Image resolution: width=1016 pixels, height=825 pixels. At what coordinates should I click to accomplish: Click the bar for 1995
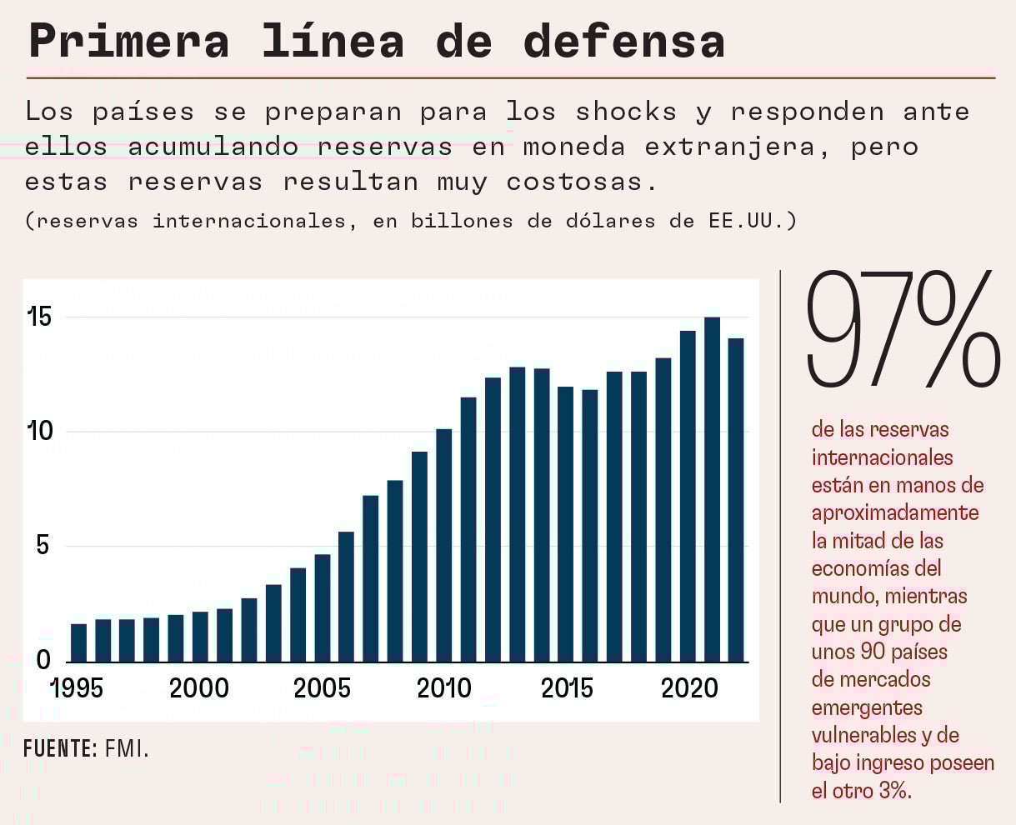tap(78, 642)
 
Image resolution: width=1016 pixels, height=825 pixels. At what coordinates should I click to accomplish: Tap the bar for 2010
tap(444, 545)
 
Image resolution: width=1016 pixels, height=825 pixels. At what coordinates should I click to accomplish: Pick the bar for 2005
tap(323, 607)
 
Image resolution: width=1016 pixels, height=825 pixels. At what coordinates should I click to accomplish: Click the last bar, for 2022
tap(736, 500)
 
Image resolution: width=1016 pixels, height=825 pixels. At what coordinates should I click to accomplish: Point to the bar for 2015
tap(566, 524)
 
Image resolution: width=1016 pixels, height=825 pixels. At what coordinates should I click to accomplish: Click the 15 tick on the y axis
tap(39, 317)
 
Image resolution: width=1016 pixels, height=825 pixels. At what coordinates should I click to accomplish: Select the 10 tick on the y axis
tap(39, 432)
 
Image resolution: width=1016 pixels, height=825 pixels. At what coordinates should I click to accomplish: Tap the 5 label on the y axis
tap(43, 547)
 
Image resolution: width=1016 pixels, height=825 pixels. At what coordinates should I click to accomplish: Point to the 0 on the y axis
tap(43, 661)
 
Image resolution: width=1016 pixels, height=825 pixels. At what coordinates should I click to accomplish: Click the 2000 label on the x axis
tap(199, 688)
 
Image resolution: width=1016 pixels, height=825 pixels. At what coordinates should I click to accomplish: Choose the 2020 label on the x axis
tap(689, 688)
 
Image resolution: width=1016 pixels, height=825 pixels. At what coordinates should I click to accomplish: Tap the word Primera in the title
tap(129, 41)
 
